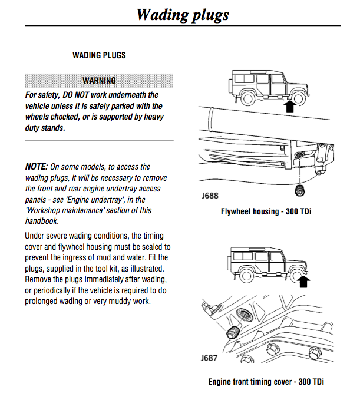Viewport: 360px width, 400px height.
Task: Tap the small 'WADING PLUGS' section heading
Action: (99, 55)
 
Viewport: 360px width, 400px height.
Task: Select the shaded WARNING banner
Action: (99, 80)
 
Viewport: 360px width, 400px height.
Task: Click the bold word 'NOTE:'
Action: (37, 167)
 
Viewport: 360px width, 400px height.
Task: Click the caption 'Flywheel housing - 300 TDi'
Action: (266, 211)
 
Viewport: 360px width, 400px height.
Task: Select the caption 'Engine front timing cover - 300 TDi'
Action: (266, 381)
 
